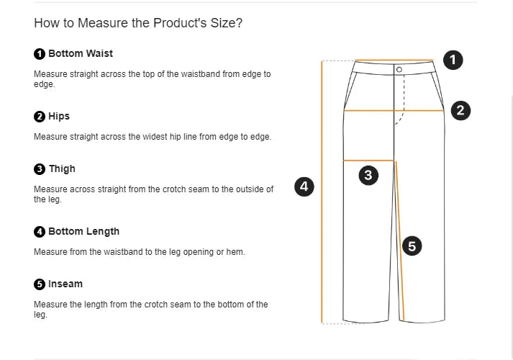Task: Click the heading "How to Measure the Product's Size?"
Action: click(138, 23)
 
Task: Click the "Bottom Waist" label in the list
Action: click(80, 53)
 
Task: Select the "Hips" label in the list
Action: click(59, 116)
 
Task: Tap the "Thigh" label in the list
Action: click(62, 168)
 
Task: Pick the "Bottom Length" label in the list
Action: click(83, 231)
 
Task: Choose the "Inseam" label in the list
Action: click(65, 284)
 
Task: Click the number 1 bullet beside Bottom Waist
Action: click(40, 54)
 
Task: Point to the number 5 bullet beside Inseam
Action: click(40, 284)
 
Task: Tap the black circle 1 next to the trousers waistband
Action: click(453, 60)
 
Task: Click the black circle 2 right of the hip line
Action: click(460, 110)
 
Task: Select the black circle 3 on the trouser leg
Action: click(368, 174)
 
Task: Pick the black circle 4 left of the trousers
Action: click(304, 186)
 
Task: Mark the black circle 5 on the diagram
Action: click(412, 246)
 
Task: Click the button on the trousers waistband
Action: click(399, 70)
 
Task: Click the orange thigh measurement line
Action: click(369, 160)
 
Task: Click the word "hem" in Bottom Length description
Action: click(236, 252)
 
